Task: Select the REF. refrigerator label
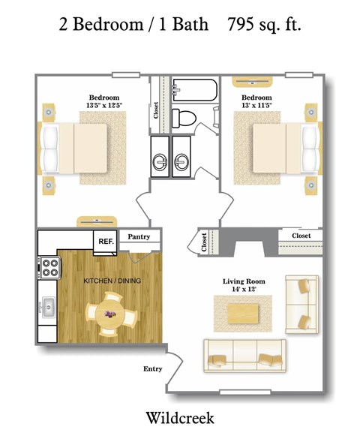pos(105,241)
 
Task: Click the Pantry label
pos(139,237)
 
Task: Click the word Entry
pos(153,369)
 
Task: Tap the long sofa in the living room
pos(244,353)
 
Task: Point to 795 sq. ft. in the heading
pos(263,24)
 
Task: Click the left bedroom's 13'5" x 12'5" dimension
pos(104,107)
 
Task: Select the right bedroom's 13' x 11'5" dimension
pos(256,107)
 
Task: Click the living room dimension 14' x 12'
pos(244,290)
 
